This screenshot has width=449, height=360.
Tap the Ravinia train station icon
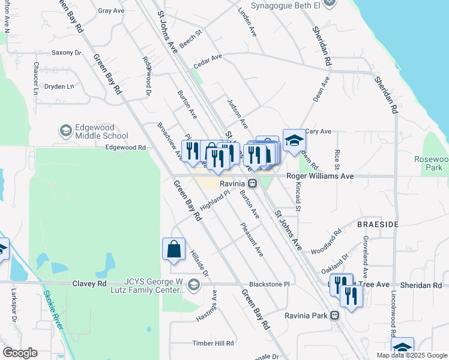(253, 184)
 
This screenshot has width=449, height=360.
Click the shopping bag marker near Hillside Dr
(173, 249)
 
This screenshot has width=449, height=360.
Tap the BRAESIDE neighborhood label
(378, 224)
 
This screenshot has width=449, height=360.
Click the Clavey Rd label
(89, 283)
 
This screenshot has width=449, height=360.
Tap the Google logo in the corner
(20, 353)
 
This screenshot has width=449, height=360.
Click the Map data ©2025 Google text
(412, 355)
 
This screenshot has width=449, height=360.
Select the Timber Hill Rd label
(212, 343)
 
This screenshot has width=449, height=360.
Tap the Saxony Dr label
(66, 53)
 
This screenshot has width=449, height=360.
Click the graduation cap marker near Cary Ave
(294, 141)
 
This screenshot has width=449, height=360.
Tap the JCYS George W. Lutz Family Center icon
(193, 284)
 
